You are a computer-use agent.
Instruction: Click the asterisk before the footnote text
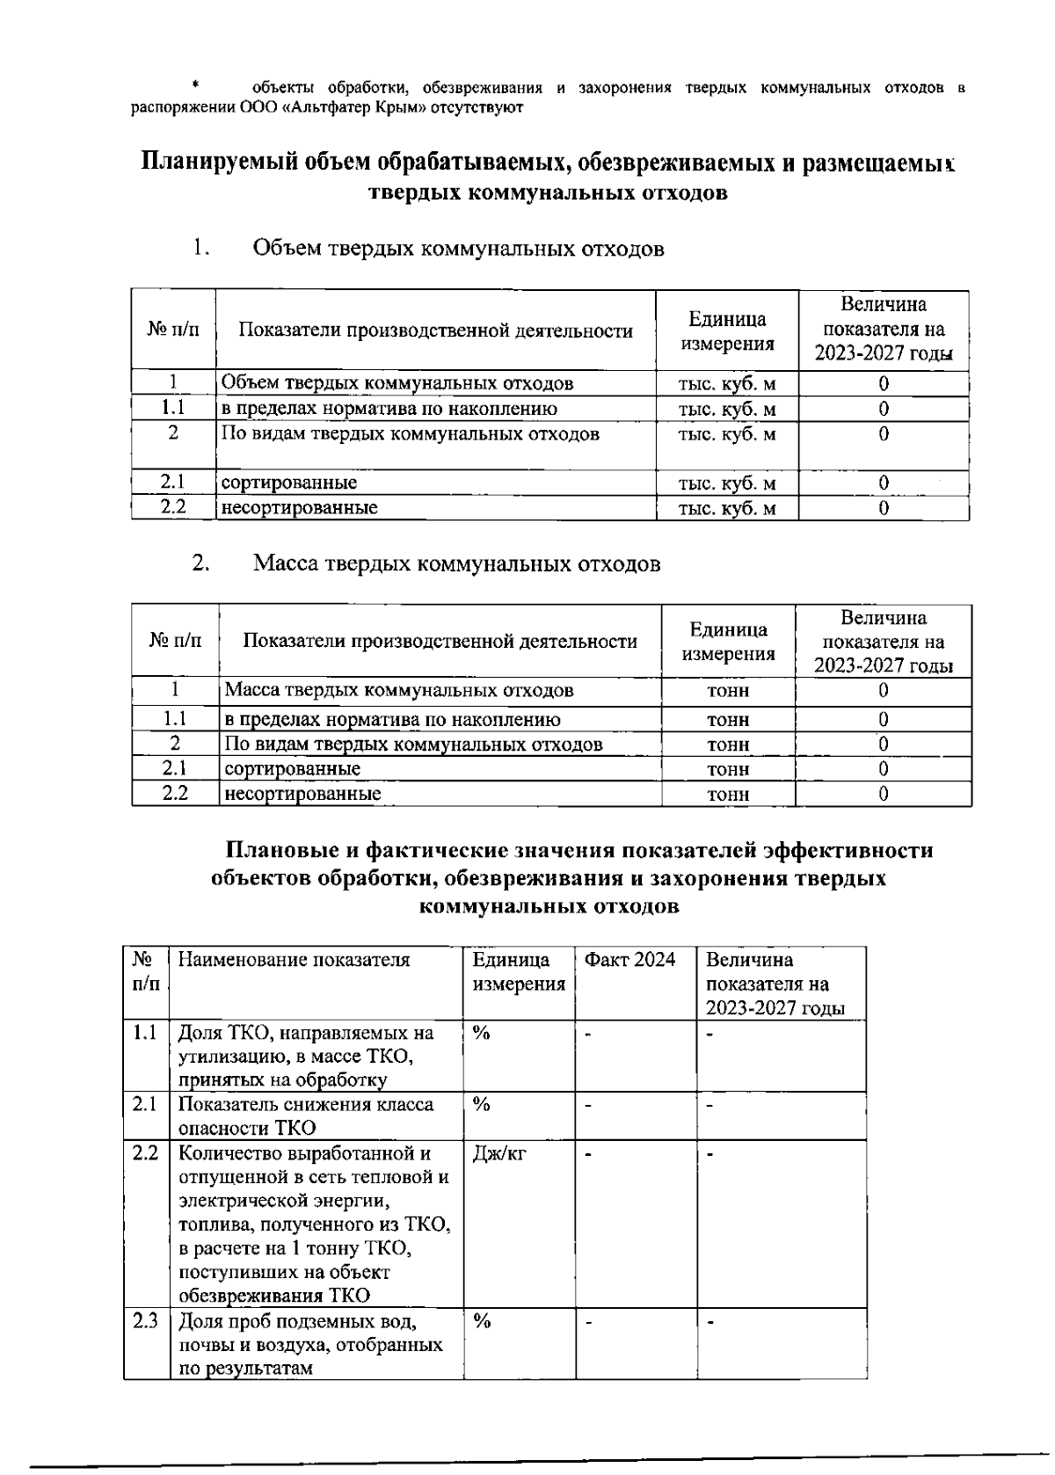coord(197,85)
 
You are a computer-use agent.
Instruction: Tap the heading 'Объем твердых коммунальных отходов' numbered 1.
coord(458,249)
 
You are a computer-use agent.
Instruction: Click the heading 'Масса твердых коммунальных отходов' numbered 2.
coord(456,563)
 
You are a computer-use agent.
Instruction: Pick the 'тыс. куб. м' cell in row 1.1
coord(727,409)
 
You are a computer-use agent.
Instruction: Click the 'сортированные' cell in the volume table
coord(289,483)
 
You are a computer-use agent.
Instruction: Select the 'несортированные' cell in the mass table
coord(303,794)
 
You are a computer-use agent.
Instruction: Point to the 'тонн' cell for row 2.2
coord(728,794)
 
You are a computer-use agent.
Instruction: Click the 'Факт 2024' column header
coord(629,959)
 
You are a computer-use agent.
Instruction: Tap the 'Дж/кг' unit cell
coord(498,1153)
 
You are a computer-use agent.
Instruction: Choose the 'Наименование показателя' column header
coord(294,959)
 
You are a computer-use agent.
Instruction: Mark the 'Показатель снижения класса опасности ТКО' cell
coord(306,1115)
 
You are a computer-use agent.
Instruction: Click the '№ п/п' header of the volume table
coord(173,331)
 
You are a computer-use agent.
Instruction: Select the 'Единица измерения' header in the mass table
coord(728,642)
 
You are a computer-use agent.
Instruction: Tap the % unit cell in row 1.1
coord(481,1033)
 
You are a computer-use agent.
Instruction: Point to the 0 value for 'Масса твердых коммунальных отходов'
coord(883,691)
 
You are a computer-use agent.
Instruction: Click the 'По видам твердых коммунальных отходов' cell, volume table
coord(410,433)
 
